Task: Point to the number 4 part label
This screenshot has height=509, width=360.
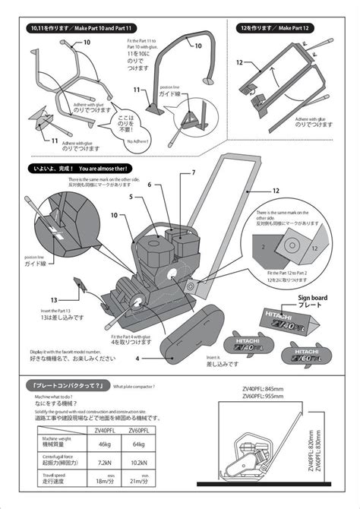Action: coord(138,358)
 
